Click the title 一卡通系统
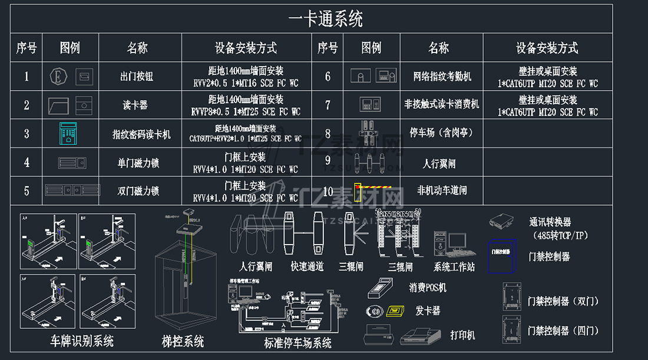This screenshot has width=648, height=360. (325, 19)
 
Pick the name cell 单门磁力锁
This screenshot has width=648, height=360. (138, 163)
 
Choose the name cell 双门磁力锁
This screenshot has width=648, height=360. (138, 191)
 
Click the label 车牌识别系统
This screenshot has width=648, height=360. (82, 341)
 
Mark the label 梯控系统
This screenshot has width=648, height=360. (183, 341)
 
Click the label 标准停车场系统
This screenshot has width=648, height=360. (297, 343)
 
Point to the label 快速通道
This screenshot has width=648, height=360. (307, 267)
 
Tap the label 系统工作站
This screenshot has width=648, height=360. (454, 267)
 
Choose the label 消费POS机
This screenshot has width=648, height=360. (428, 288)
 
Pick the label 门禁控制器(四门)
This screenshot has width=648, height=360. (563, 331)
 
